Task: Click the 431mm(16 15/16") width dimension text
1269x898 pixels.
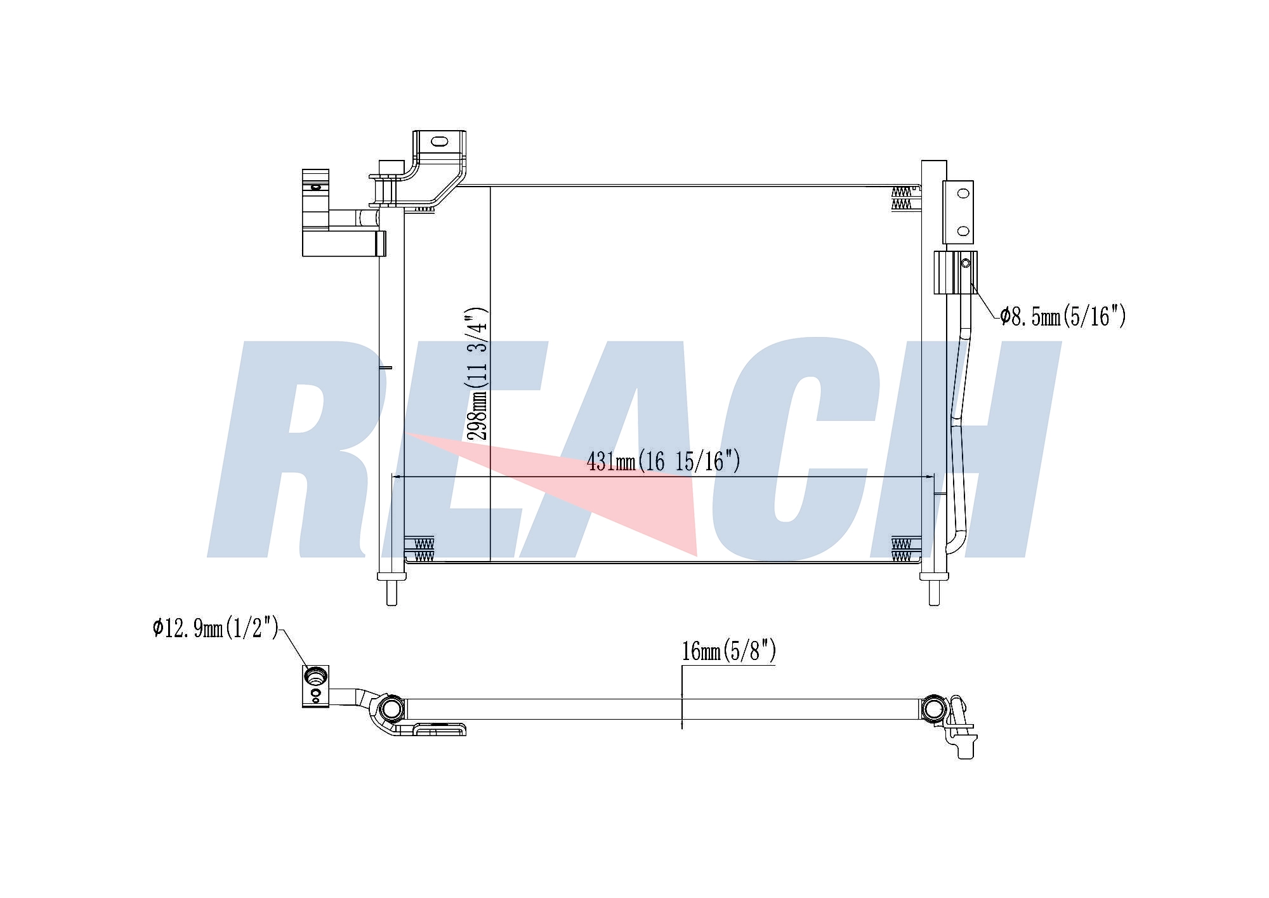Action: click(x=663, y=461)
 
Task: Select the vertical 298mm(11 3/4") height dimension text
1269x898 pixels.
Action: click(x=477, y=374)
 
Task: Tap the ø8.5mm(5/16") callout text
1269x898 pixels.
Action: click(x=1063, y=315)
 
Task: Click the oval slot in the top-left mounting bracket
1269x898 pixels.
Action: click(x=438, y=141)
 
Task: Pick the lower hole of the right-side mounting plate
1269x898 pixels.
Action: click(x=963, y=232)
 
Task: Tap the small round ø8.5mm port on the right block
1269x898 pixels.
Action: click(x=966, y=263)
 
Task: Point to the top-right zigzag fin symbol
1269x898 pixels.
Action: click(x=901, y=197)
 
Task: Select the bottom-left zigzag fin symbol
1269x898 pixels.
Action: click(x=424, y=550)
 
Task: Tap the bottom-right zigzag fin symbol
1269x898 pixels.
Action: click(x=901, y=550)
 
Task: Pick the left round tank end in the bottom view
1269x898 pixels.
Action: click(x=391, y=708)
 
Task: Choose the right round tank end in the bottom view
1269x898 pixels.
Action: click(x=933, y=708)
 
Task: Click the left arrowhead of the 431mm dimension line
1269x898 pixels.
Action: click(x=397, y=476)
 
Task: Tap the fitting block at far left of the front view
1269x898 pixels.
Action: click(x=315, y=213)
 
